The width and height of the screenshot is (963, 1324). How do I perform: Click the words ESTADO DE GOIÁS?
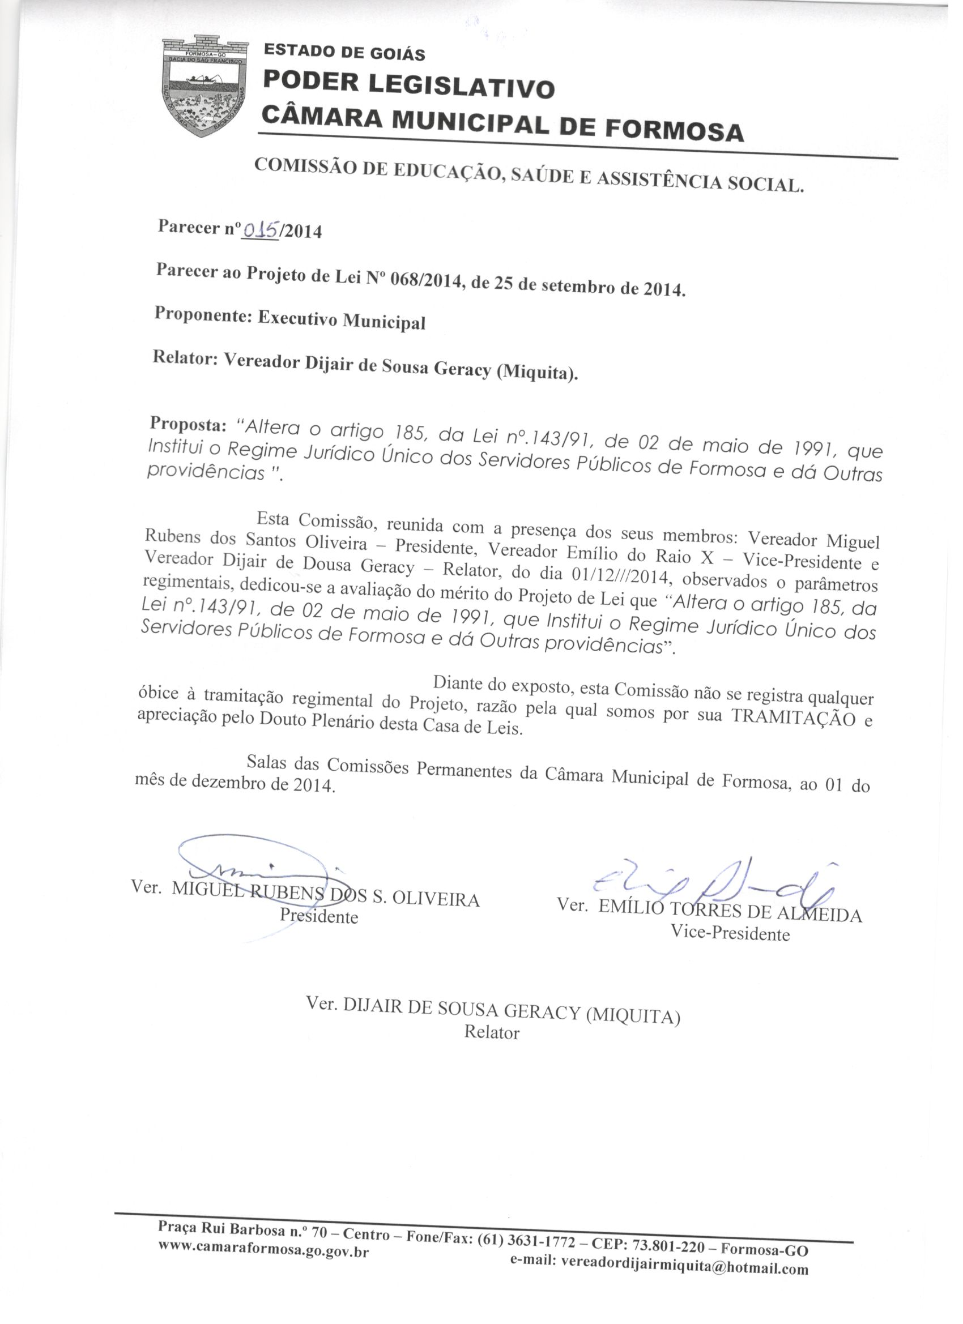[x=344, y=53]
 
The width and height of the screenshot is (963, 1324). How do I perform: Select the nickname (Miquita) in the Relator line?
[x=536, y=371]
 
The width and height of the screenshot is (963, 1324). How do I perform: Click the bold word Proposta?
[x=188, y=424]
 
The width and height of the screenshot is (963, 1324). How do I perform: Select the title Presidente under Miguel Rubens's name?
[x=319, y=916]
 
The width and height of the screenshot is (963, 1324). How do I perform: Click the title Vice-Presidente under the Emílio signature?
[x=730, y=933]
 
